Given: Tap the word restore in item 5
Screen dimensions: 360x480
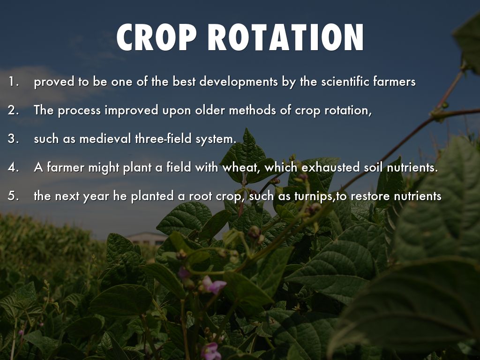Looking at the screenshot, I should pyautogui.click(x=370, y=195).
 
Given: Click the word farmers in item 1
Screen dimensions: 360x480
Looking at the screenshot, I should pyautogui.click(x=394, y=82).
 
